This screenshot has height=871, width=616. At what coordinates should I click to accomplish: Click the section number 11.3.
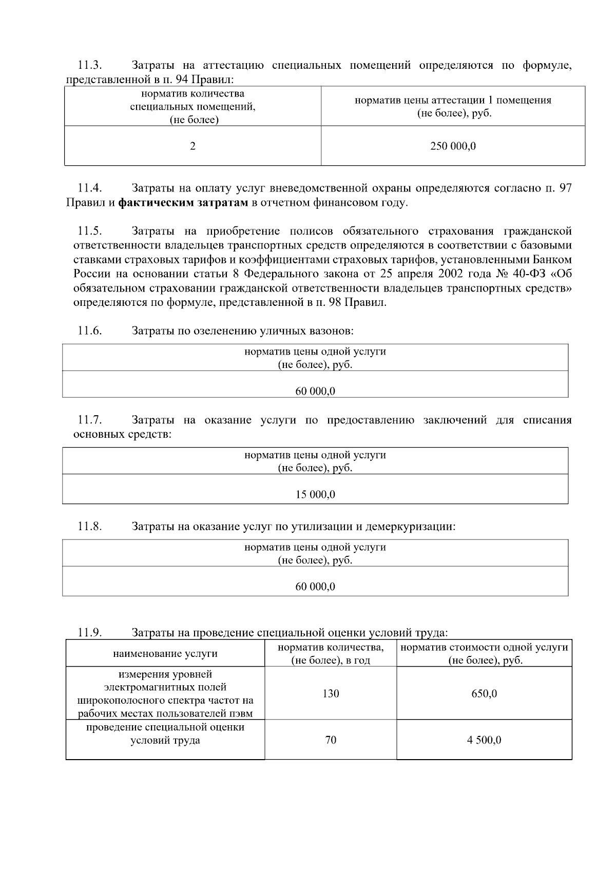(90, 66)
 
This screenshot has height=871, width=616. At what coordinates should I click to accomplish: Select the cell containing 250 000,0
(453, 146)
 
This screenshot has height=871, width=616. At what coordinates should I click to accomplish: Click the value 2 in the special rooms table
(192, 146)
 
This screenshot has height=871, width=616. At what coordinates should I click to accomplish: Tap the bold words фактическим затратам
(183, 203)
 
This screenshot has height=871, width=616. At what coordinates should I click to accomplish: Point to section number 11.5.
(90, 231)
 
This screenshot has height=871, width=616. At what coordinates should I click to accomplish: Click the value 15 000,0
(315, 494)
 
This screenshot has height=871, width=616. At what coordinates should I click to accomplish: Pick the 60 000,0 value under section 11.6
(315, 391)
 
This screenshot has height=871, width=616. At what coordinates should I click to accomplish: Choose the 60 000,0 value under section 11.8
(315, 586)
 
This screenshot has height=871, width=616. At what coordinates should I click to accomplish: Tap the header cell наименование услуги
(165, 653)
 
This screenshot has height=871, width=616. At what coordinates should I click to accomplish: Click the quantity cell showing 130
(331, 693)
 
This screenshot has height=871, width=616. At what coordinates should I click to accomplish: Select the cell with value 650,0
(484, 693)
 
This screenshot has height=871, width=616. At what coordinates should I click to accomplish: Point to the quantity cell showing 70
(331, 740)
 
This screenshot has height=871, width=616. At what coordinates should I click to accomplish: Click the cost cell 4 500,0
(484, 740)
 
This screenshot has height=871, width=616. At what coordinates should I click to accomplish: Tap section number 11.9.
(90, 632)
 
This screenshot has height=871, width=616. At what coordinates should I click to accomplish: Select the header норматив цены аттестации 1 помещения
(453, 101)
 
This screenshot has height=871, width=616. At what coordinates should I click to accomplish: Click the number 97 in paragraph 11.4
(565, 188)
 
